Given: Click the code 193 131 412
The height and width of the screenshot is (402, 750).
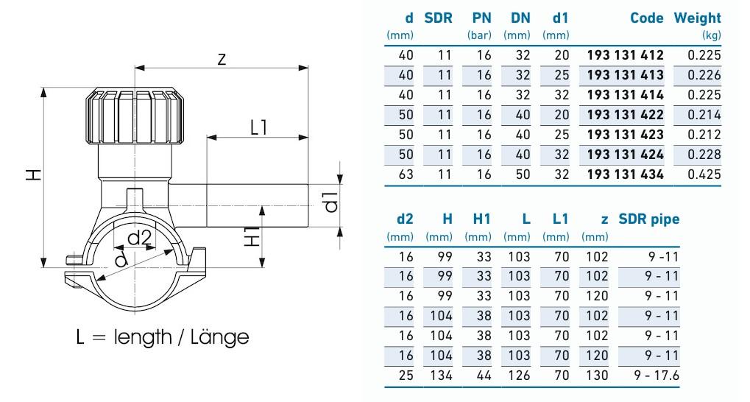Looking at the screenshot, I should click(x=625, y=55).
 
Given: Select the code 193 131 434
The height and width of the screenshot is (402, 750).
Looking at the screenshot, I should click(x=625, y=174).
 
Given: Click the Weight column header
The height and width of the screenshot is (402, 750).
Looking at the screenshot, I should click(x=697, y=18).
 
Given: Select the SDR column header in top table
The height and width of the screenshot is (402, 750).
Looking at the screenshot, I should click(x=439, y=18).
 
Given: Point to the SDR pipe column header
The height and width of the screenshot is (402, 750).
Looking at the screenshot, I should click(x=648, y=219).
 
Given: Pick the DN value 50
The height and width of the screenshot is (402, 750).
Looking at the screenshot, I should click(x=520, y=174).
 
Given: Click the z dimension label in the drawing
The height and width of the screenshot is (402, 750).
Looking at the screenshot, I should click(x=222, y=60).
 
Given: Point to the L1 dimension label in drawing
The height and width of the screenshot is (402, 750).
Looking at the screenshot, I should click(x=258, y=127).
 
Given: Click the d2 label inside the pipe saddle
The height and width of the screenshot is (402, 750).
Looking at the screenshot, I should click(x=140, y=238).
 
